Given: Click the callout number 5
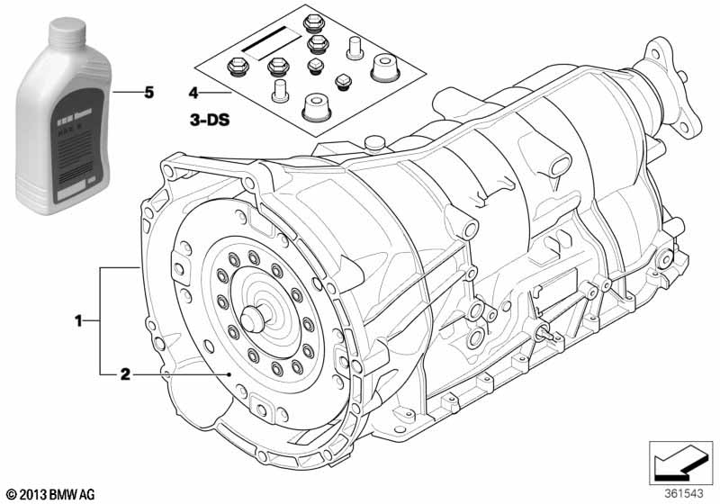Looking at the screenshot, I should [x=149, y=93].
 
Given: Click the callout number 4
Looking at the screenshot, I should [x=193, y=93].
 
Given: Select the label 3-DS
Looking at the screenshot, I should [x=209, y=118].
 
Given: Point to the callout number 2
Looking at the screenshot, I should [x=126, y=373].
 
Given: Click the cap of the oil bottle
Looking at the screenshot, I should [x=68, y=31].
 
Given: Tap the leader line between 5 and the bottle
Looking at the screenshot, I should [x=130, y=93].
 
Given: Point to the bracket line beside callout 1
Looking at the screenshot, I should [x=101, y=319].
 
